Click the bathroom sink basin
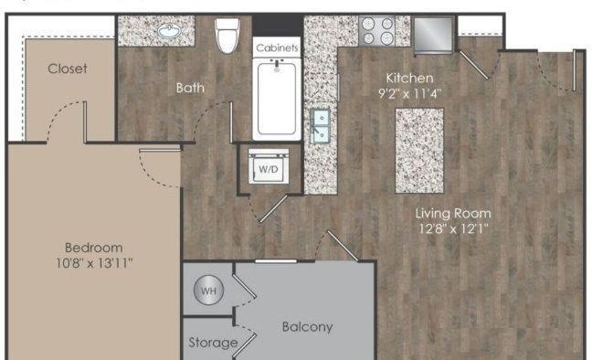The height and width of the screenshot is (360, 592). (170, 31)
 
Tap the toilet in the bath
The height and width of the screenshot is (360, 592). (227, 36)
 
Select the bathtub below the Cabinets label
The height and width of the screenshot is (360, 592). (277, 99)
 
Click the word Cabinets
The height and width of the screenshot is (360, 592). (277, 48)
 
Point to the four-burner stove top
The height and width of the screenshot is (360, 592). (377, 31)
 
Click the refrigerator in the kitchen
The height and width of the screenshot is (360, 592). (433, 35)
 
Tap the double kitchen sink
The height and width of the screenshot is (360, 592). (320, 126)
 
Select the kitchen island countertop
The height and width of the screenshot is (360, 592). (419, 151)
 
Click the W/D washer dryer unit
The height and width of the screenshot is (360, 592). (269, 166)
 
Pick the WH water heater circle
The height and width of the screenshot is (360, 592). (208, 291)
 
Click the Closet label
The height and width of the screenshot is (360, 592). (68, 69)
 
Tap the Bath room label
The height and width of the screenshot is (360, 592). (190, 88)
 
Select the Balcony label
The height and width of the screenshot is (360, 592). (307, 327)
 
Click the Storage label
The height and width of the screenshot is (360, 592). (213, 343)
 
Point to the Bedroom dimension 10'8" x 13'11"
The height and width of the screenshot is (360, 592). (94, 263)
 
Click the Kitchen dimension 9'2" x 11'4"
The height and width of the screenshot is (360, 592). (409, 93)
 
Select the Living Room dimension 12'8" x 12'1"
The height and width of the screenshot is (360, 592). (453, 228)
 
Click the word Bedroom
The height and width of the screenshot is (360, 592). (94, 248)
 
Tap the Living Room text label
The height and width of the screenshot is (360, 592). (453, 214)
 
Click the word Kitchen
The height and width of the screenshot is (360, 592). (409, 79)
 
